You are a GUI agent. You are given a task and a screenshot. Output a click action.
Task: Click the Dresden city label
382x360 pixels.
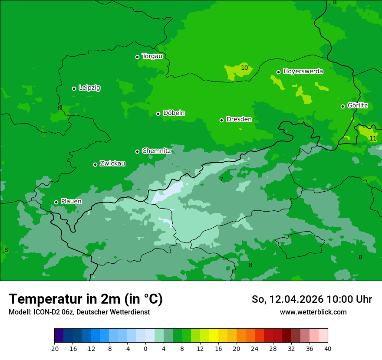point(239,119)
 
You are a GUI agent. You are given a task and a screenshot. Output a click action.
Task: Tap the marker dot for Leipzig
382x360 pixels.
point(74,88)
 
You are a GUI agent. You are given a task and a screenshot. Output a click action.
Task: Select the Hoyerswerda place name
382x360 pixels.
point(303,72)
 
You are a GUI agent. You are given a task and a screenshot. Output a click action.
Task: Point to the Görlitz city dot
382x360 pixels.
point(342,106)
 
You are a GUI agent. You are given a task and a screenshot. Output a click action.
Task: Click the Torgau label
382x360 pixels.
point(152,56)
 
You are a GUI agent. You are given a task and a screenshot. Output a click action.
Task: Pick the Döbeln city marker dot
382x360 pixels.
point(158,114)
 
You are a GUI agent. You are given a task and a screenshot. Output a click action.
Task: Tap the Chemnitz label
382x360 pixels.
point(156,151)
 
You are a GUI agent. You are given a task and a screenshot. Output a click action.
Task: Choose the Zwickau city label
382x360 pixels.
point(112,164)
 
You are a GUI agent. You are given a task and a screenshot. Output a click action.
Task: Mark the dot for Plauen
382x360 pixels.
point(56,202)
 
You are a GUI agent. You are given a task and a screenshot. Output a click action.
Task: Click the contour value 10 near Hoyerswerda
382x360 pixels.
point(244,68)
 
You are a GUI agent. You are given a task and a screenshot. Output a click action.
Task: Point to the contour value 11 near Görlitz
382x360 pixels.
point(373,138)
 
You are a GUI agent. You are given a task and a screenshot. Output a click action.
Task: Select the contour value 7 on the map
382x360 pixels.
point(221,179)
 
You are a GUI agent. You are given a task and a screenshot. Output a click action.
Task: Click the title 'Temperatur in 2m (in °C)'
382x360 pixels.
point(86,299)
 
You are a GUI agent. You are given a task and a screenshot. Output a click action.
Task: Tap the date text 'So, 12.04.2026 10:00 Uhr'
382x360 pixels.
point(312,299)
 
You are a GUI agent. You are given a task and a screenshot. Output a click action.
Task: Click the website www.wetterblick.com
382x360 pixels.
point(313,312)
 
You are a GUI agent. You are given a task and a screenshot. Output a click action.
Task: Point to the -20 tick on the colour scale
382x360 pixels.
point(54,348)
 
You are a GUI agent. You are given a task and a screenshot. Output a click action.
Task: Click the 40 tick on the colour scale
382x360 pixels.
point(327,348)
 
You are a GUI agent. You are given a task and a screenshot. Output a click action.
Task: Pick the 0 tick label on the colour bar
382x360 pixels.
point(145,348)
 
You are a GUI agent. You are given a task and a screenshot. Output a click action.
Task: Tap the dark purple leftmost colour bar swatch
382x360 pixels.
point(59,336)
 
